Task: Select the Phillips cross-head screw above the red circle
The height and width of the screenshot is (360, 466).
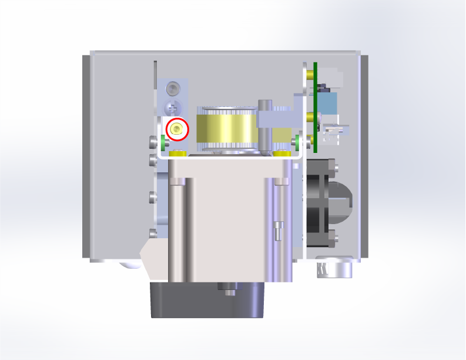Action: (173, 108)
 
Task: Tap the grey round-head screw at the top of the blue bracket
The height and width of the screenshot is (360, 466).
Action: (172, 89)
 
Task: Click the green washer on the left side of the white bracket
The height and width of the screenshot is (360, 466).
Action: (163, 142)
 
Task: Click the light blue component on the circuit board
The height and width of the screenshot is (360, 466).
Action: (328, 104)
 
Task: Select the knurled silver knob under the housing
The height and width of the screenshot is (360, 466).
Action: (334, 268)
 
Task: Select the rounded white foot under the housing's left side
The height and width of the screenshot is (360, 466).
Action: (130, 264)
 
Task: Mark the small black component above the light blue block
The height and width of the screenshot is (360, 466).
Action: (323, 86)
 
